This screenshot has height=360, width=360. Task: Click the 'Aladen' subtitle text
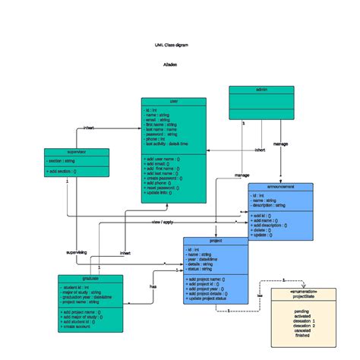point(170,65)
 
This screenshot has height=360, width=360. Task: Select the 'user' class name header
point(173,101)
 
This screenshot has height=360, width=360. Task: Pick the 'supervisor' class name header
point(76,152)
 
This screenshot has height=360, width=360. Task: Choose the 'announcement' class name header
point(280,186)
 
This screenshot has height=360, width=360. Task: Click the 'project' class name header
point(215,241)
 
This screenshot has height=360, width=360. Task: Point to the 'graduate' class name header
point(90,279)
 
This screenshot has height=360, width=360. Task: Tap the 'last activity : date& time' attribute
point(166,144)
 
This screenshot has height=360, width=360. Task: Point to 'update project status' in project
point(207,299)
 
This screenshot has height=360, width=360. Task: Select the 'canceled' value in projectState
point(303,330)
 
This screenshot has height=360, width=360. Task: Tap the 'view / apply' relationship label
point(163,222)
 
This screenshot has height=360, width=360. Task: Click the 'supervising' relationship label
point(77,251)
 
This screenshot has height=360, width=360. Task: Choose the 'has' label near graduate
point(153,286)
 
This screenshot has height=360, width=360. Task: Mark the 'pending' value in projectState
point(302,311)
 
